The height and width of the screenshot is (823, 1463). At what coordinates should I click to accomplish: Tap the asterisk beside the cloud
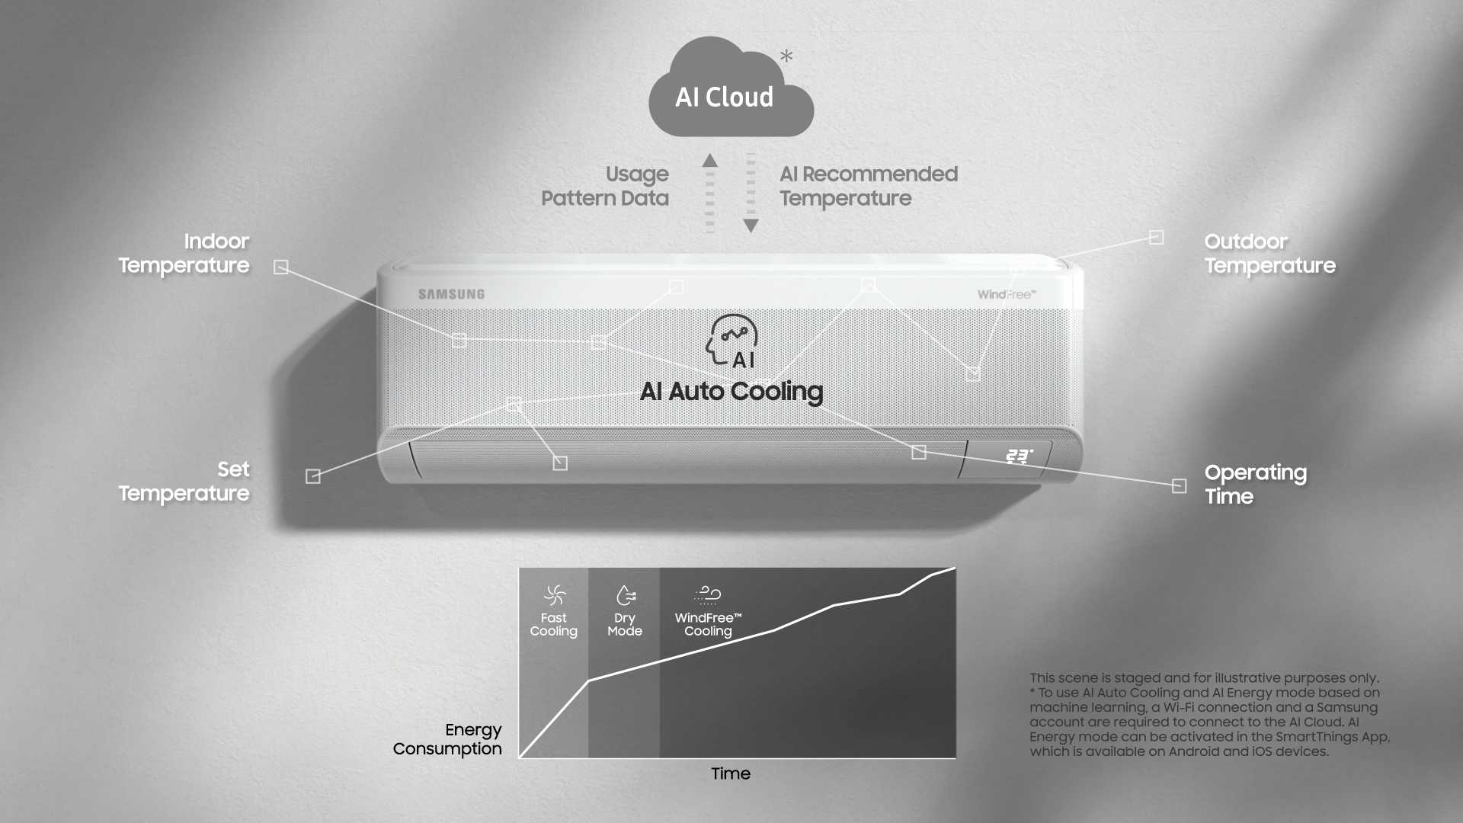[786, 56]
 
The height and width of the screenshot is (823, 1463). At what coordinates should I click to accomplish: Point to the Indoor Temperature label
[184, 253]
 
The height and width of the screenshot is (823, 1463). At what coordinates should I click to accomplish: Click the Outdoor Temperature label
[1269, 253]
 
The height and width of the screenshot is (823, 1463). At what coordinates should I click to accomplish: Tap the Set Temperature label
[184, 481]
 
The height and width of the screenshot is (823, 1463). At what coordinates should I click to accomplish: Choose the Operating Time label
[1255, 484]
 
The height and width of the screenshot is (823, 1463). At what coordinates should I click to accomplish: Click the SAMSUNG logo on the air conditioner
[451, 294]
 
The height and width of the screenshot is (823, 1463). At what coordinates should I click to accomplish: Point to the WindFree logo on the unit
[1007, 294]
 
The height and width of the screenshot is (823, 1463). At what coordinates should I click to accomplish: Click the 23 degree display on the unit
[1019, 456]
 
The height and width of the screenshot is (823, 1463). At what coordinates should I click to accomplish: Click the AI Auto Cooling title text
[731, 392]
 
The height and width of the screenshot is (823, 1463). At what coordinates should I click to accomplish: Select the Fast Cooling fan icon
[554, 594]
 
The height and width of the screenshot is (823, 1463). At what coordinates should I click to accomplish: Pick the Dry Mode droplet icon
[625, 594]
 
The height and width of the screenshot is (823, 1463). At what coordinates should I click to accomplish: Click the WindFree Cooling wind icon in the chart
[708, 594]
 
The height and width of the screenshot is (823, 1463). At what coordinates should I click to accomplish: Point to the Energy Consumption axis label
[447, 739]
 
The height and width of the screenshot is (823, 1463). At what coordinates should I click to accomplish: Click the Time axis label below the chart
[731, 773]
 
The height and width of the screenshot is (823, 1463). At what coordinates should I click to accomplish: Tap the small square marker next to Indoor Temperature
[281, 267]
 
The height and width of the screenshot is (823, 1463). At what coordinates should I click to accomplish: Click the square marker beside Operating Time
[1179, 486]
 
